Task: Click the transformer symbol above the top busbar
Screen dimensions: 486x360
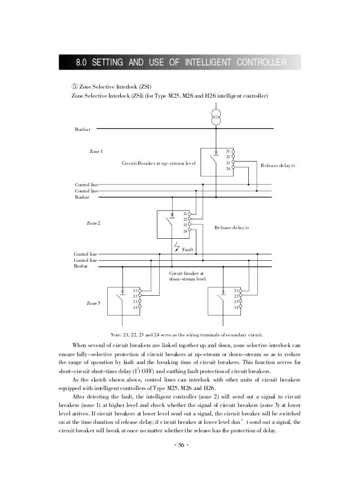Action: click(216, 117)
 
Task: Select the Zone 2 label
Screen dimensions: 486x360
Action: click(93, 224)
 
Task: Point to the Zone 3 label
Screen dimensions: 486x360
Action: click(93, 304)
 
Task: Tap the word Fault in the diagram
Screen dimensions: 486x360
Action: click(188, 249)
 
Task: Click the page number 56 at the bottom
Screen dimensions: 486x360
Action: click(181, 445)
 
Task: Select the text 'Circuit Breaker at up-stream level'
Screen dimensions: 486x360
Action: click(159, 163)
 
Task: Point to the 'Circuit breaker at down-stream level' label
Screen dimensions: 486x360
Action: click(187, 275)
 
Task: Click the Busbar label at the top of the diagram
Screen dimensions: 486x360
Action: click(82, 130)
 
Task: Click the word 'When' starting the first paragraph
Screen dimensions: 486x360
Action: click(81, 345)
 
